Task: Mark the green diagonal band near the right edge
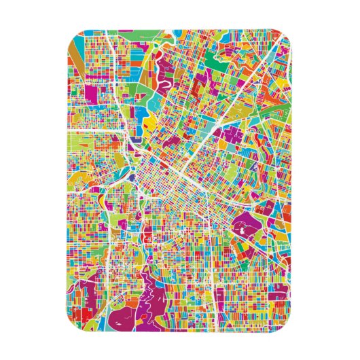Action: pos(272,102)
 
